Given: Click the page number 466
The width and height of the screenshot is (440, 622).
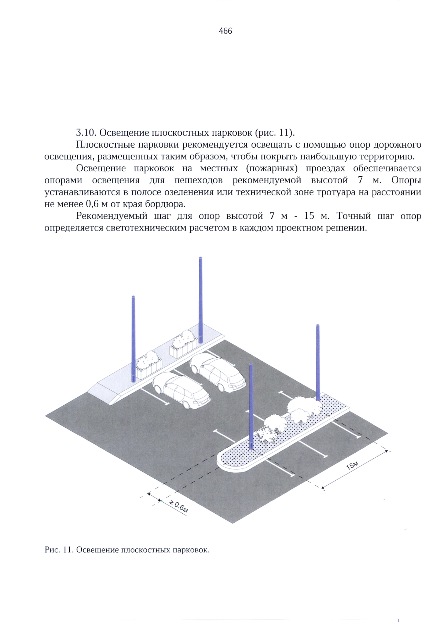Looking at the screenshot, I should click(225, 31).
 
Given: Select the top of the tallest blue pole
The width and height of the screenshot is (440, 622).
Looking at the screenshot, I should click(201, 259).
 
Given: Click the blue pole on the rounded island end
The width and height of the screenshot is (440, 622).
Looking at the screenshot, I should click(251, 407).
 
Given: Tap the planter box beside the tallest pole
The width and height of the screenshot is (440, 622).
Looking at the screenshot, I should click(183, 345).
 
